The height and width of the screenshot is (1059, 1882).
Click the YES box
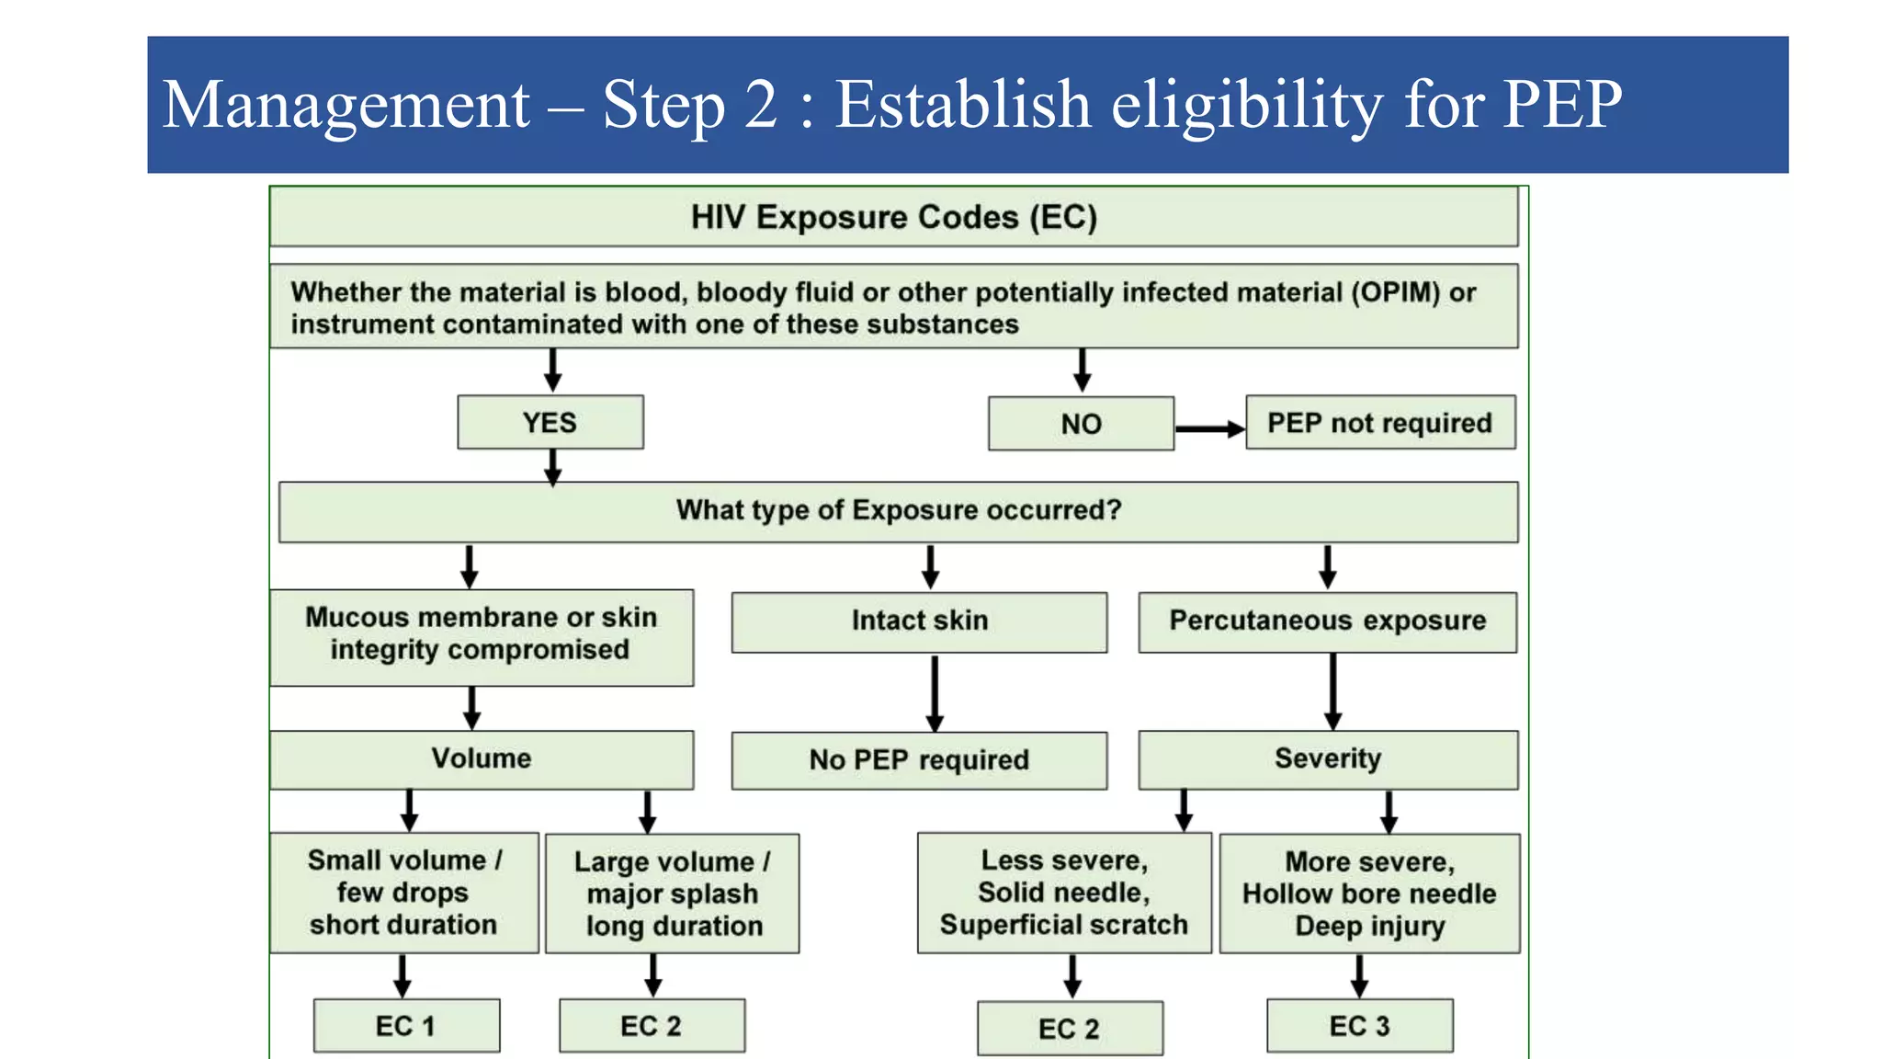tap(550, 423)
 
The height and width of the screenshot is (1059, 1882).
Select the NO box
tap(1081, 424)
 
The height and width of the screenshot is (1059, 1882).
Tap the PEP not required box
tap(1379, 423)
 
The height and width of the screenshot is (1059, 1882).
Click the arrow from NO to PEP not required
tap(1209, 428)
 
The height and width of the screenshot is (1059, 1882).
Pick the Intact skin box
tap(919, 621)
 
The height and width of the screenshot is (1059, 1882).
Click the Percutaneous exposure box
tap(1327, 621)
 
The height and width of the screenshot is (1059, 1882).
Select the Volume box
tap(482, 759)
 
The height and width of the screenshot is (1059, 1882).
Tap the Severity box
tap(1327, 759)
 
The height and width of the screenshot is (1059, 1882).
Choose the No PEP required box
tap(919, 760)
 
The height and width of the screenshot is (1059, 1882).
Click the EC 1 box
tap(406, 1026)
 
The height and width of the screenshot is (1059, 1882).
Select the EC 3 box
tap(1359, 1026)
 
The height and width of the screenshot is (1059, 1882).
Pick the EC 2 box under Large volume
tap(652, 1026)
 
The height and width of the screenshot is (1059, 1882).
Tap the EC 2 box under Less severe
tap(1070, 1029)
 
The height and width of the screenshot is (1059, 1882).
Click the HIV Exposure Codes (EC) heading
tap(893, 218)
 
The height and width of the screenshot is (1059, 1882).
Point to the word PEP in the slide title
tap(1561, 104)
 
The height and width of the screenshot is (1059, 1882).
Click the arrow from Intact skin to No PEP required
tap(935, 693)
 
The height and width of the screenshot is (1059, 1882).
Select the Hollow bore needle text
tap(1368, 894)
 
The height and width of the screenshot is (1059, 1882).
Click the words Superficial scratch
tap(1063, 925)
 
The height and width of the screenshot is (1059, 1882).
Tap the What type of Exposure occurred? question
tap(898, 511)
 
